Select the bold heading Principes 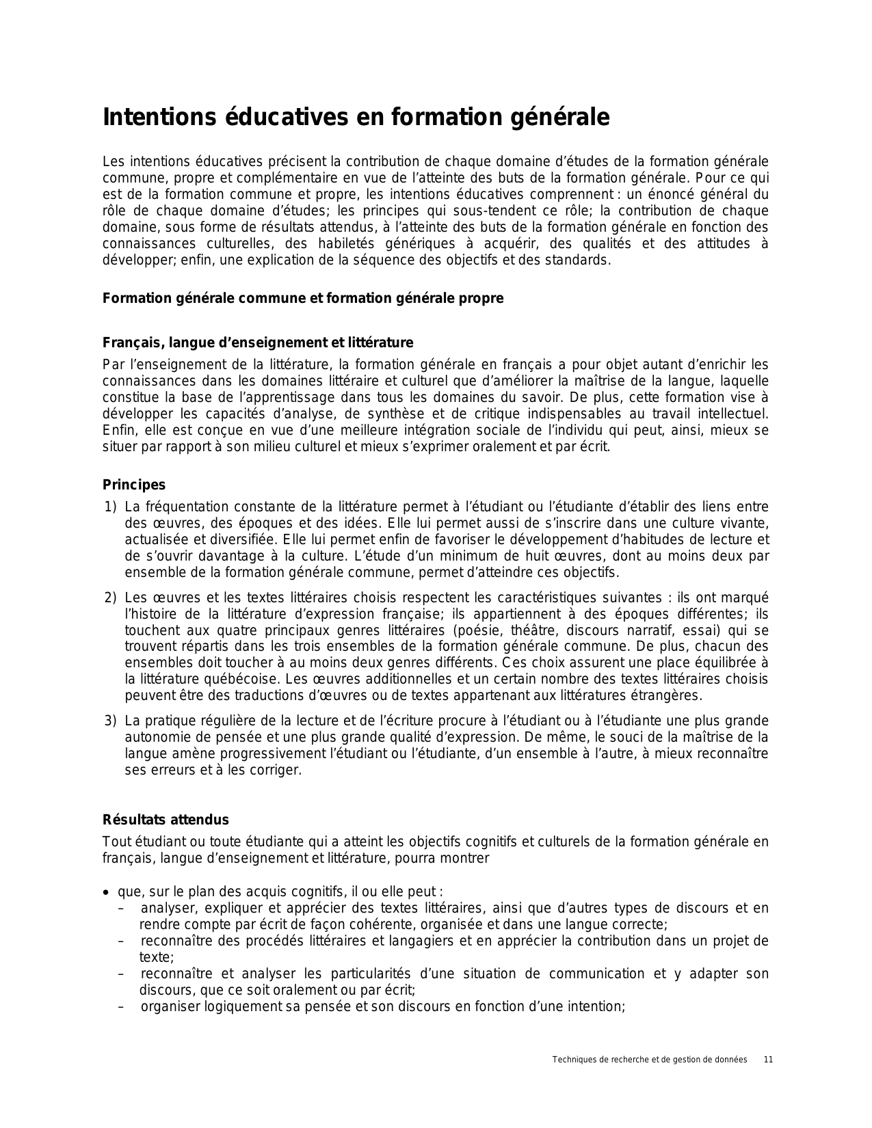click(x=134, y=485)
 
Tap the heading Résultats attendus click(x=166, y=820)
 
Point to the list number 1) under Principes click(x=111, y=507)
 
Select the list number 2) click(x=111, y=597)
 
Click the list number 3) click(x=111, y=721)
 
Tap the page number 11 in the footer click(x=768, y=1060)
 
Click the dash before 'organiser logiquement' click(x=121, y=1007)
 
